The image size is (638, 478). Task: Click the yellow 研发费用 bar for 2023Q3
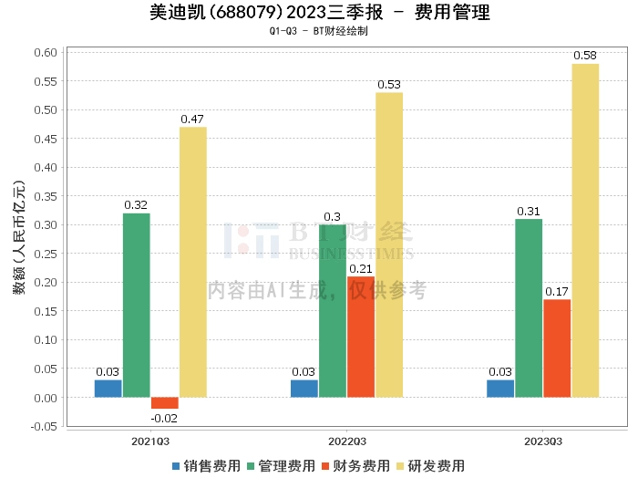[x=585, y=231]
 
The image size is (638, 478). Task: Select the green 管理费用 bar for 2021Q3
[x=137, y=306]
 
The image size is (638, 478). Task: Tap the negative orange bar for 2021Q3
[x=165, y=403]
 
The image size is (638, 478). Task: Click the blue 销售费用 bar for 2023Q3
[x=500, y=389]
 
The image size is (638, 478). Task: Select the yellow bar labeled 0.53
[x=389, y=244]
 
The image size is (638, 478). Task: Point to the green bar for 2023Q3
[x=529, y=308]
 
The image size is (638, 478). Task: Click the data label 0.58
[x=585, y=56]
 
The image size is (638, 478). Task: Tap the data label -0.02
[x=164, y=418]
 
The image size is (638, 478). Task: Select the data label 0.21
[x=361, y=268]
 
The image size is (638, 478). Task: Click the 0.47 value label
[x=192, y=119]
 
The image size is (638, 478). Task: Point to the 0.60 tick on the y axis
[x=46, y=53]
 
